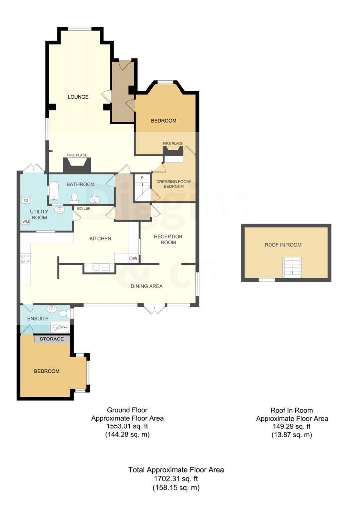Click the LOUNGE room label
click(x=78, y=97)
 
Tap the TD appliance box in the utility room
click(x=26, y=200)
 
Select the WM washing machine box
click(x=26, y=221)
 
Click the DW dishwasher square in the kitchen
click(x=133, y=258)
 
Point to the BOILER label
click(x=84, y=208)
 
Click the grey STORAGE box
click(x=52, y=339)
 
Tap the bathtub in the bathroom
click(x=53, y=191)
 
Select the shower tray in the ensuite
click(x=59, y=327)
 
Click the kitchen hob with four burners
click(x=25, y=258)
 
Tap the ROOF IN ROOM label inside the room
click(x=283, y=245)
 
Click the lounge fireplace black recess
click(x=77, y=165)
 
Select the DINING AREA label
click(x=146, y=286)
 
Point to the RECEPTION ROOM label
click(x=168, y=239)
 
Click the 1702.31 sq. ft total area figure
click(x=176, y=479)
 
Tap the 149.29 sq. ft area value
click(x=292, y=426)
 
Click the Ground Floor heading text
click(x=127, y=410)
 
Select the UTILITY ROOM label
click(x=39, y=215)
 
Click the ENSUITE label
click(x=38, y=319)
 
